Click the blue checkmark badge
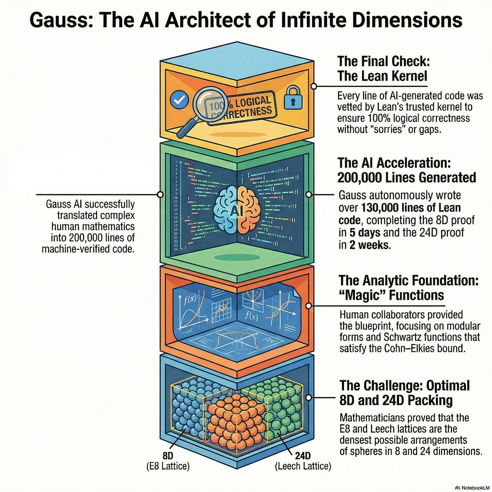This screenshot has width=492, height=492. (x=179, y=100)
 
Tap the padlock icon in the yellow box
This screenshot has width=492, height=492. (x=293, y=97)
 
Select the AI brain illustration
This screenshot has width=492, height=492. (x=237, y=209)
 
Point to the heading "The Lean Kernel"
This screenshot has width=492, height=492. (x=382, y=76)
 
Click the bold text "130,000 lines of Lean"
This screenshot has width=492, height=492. (x=411, y=208)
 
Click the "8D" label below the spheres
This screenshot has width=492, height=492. (x=168, y=456)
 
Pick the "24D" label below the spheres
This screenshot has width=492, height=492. (x=303, y=456)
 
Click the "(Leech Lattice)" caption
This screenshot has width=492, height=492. (x=303, y=466)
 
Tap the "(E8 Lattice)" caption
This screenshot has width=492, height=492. (x=168, y=466)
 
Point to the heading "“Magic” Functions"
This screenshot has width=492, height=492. (x=391, y=295)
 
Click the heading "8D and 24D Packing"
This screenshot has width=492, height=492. (x=396, y=400)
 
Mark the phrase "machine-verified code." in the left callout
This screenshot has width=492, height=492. (x=88, y=249)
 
